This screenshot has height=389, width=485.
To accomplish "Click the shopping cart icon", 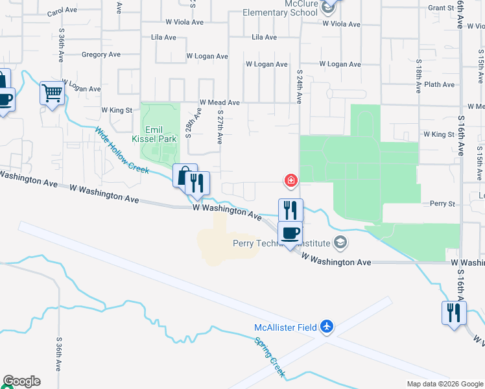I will pos(51,93).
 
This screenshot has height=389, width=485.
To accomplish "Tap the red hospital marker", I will pos(291,180).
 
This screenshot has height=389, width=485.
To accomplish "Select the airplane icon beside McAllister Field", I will pos(327,327).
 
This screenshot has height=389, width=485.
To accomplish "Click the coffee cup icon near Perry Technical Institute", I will pos(290,233).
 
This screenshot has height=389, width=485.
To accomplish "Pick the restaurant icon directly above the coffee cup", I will pos(290,209).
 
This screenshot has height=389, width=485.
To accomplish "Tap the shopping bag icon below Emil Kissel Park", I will pos(184,176).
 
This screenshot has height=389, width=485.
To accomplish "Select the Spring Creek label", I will pos(269,357).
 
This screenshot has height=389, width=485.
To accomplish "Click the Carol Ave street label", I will pos(63,11).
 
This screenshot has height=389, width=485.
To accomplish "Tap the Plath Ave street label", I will pos(440,84).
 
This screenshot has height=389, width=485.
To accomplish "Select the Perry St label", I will pos(444,204).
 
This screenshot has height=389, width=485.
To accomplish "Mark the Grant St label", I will pos(440,8).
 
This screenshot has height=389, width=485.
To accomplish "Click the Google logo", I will pos(22,381).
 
